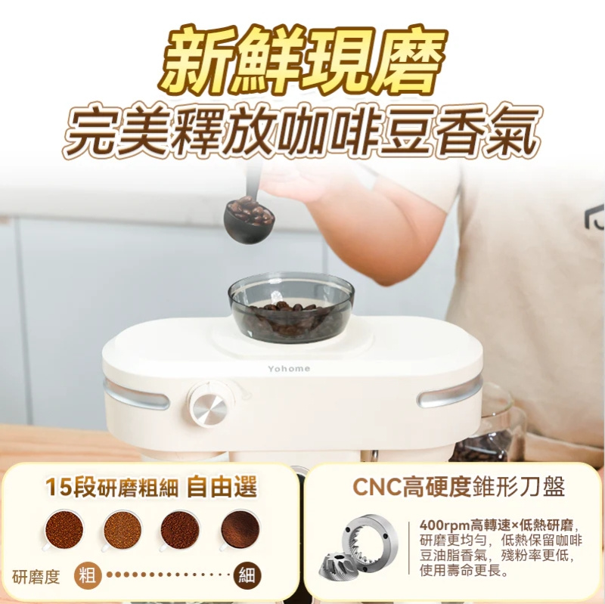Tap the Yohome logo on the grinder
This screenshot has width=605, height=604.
288,368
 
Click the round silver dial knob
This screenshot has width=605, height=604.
209,407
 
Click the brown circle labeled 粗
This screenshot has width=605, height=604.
88,576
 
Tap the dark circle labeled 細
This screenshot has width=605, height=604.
247,576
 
